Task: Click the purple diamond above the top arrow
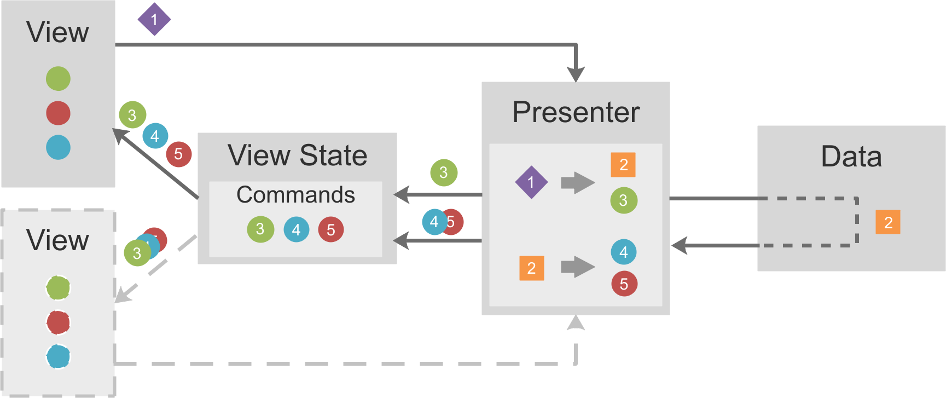(154, 19)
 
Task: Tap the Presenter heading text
(576, 112)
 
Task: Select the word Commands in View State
(296, 195)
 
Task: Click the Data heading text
(851, 157)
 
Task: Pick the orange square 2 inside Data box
(888, 222)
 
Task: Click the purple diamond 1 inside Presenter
(531, 182)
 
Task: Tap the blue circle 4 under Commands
(297, 229)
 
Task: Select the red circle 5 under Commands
(331, 229)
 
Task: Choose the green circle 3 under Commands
(260, 229)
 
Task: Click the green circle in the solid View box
(58, 78)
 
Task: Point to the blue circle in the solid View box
(58, 147)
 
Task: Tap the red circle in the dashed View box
(58, 322)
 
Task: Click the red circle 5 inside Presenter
(624, 284)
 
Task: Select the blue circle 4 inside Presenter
(624, 252)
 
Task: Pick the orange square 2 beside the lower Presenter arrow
(531, 268)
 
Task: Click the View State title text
(298, 155)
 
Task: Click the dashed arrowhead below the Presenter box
(576, 322)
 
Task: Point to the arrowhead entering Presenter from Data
(680, 245)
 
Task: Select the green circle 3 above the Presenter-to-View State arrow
(444, 172)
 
